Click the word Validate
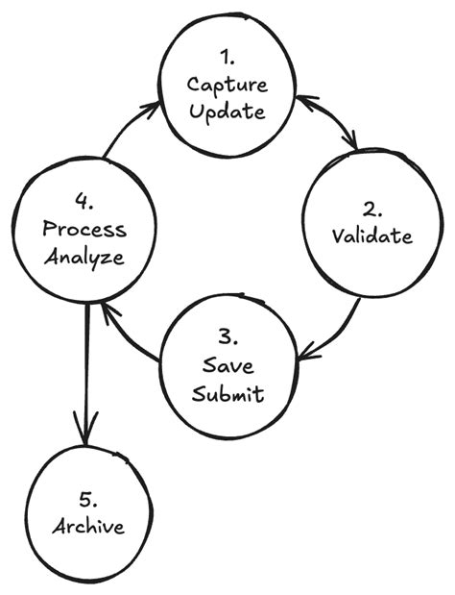[372, 236]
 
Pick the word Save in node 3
[227, 366]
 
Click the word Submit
[227, 394]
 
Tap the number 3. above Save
[227, 337]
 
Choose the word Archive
[87, 527]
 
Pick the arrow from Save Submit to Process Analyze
[130, 335]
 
